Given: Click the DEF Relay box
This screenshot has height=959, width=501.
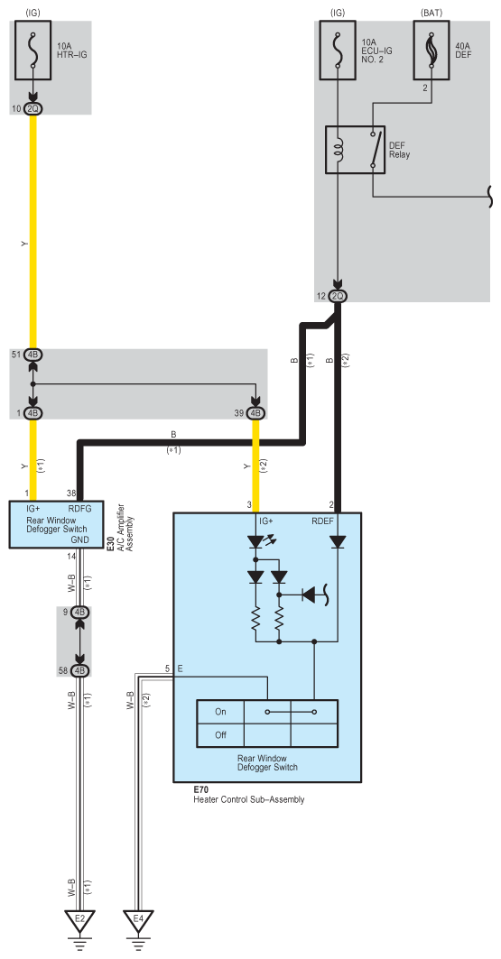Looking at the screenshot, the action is (x=355, y=150).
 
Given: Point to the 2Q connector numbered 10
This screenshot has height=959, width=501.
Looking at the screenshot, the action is (x=33, y=109).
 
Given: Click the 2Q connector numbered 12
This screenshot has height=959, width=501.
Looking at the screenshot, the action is (x=337, y=296).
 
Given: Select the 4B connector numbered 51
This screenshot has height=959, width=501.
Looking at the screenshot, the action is (x=33, y=355).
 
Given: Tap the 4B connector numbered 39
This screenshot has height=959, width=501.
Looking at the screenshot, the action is (x=256, y=413).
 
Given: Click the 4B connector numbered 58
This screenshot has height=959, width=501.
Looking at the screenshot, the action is (x=79, y=670).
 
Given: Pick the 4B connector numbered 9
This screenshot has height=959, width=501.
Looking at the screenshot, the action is (x=79, y=612).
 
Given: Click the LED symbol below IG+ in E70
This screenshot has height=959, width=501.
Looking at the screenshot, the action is (x=258, y=542).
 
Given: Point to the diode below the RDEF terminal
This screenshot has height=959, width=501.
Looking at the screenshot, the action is (x=337, y=542).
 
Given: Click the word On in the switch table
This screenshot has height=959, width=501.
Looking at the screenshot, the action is (x=220, y=712).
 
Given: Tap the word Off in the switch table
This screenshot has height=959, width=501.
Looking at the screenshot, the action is (x=220, y=735).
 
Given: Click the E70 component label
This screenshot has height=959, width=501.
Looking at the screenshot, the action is (x=200, y=789).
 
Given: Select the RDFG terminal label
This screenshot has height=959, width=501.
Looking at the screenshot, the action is (x=79, y=507).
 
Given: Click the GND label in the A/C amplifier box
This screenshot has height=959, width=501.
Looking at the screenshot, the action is (x=80, y=539).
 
